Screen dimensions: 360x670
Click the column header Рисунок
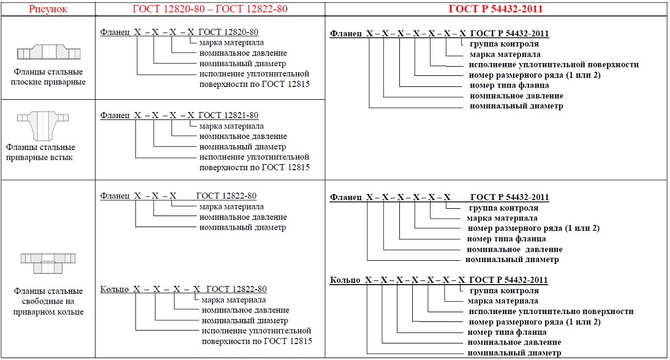47,9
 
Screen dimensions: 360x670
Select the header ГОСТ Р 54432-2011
496,9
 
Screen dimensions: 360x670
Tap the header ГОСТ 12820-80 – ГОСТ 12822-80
209,9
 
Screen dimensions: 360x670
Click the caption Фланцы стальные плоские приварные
47,77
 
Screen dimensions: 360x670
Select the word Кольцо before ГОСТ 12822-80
114,289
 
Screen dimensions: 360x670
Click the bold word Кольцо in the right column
345,280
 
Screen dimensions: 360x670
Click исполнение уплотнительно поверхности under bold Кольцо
551,311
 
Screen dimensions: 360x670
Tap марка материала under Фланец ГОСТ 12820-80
231,42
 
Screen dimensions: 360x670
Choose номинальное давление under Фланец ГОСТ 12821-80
243,136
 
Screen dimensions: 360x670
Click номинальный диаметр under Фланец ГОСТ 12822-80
243,227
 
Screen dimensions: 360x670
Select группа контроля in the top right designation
504,43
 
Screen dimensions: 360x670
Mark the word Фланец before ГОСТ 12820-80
115,31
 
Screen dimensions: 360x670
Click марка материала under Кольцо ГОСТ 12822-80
233,299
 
